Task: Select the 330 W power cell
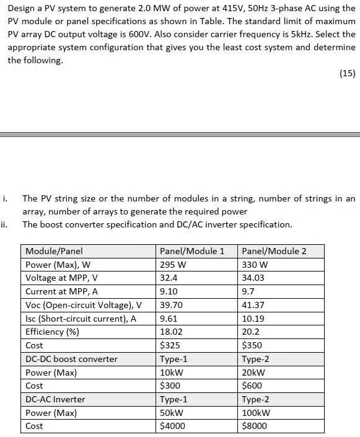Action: point(255,265)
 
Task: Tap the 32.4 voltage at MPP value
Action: point(169,278)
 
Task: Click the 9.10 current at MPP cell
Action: point(169,291)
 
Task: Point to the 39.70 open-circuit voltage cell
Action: point(170,305)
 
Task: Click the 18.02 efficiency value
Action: point(170,332)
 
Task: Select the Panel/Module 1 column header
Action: point(192,251)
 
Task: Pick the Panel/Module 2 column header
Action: point(274,251)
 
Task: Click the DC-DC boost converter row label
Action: point(71,359)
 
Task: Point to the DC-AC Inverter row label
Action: point(55,399)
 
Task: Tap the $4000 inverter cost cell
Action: point(172,426)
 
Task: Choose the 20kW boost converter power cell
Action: point(253,373)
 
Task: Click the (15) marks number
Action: point(348,73)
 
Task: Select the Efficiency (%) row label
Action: point(53,332)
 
